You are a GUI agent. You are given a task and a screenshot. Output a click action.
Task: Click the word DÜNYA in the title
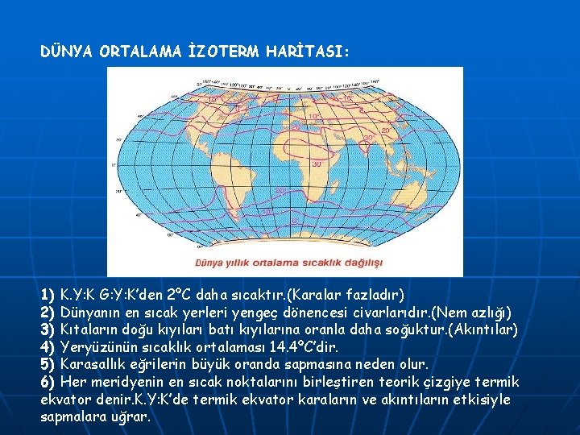pyautogui.click(x=67, y=52)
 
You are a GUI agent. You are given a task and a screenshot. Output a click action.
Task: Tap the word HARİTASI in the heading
pyautogui.click(x=317, y=52)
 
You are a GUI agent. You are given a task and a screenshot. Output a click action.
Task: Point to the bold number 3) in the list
pyautogui.click(x=48, y=329)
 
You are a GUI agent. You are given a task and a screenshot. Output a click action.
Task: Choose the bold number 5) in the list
pyautogui.click(x=48, y=365)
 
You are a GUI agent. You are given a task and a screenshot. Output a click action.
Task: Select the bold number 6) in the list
pyautogui.click(x=48, y=383)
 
